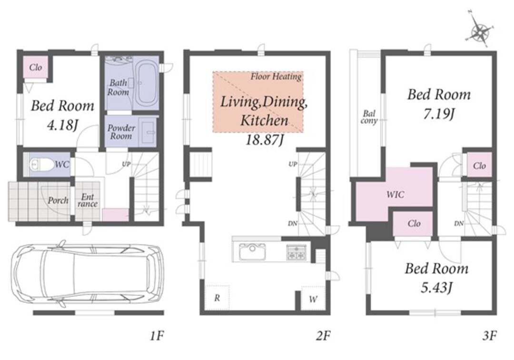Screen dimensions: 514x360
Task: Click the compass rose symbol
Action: [x=480, y=31]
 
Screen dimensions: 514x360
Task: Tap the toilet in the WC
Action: [x=41, y=164]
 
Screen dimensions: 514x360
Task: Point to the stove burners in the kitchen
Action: [x=297, y=252]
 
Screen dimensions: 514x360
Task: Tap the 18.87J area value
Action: [x=264, y=140]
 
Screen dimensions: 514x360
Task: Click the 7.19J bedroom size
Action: [x=439, y=114]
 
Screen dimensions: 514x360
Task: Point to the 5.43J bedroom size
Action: [x=436, y=288]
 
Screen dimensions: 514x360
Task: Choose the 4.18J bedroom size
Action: [x=62, y=125]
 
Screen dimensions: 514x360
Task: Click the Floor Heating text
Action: [x=276, y=77]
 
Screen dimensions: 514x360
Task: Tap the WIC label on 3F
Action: [x=395, y=194]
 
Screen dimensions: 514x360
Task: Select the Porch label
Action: [x=58, y=200]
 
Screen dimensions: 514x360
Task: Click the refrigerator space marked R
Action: [x=217, y=298]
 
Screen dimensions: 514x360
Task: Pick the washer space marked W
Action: [x=313, y=299]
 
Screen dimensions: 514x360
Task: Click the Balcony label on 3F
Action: [x=369, y=117]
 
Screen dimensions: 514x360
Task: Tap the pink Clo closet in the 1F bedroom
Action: [x=36, y=67]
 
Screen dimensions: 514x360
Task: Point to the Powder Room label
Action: [x=121, y=132]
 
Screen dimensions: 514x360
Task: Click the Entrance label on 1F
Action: [x=88, y=200]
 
